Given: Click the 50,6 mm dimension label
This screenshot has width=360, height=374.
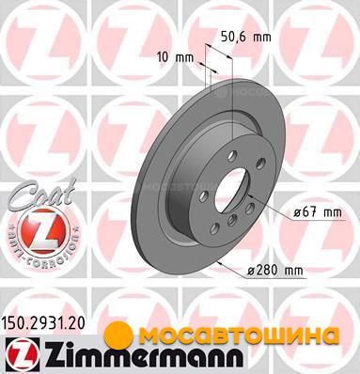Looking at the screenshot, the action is coord(245,37).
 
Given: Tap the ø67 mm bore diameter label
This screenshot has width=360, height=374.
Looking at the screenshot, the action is coord(318,212).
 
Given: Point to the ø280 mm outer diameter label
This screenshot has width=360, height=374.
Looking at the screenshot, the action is coord(275,270).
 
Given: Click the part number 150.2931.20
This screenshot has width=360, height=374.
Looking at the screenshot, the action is coord(43,324).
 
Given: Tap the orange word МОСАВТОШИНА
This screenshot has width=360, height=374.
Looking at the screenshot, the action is coord(239,335).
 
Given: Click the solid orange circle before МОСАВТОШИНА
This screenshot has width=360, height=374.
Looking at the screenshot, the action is coord(120,335).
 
